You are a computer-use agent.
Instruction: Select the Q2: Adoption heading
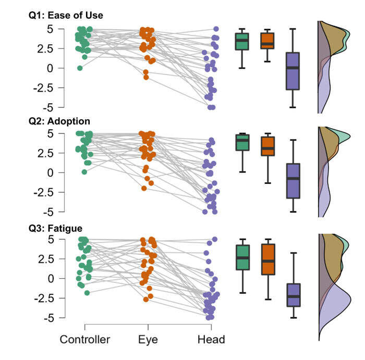tap(59, 121)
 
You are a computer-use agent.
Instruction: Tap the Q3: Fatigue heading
tap(56, 228)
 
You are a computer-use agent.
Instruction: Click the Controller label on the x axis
tap(85, 340)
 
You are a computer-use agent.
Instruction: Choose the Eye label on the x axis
tap(149, 340)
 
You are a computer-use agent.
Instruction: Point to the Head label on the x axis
tap(211, 340)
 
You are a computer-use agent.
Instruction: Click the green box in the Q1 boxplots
tap(241, 41)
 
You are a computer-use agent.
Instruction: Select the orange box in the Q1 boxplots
tap(267, 41)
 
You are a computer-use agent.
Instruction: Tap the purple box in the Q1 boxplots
tap(294, 71)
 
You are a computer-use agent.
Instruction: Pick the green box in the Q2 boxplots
tap(241, 142)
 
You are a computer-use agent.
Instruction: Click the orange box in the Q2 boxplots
tap(267, 146)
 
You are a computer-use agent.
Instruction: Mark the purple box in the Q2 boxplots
tap(294, 181)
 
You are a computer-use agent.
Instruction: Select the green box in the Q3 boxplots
tap(241, 257)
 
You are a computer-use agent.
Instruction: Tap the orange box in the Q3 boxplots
tap(267, 259)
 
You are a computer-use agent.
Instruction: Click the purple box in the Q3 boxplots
tap(294, 295)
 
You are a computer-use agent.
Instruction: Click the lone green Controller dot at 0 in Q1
tap(80, 68)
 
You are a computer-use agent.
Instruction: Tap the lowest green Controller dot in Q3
tap(87, 293)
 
